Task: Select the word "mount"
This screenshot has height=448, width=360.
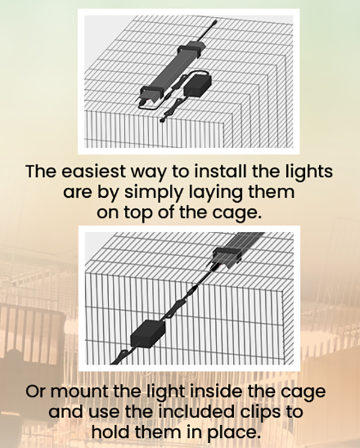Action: coord(79,392)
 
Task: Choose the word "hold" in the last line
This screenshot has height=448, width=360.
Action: coord(110,432)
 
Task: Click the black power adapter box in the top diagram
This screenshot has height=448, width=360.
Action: coord(197,85)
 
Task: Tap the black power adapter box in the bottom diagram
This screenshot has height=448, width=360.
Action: coord(148,333)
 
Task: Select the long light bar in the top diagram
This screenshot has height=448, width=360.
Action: coord(170,72)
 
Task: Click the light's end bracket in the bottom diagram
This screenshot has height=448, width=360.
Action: coord(228,255)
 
